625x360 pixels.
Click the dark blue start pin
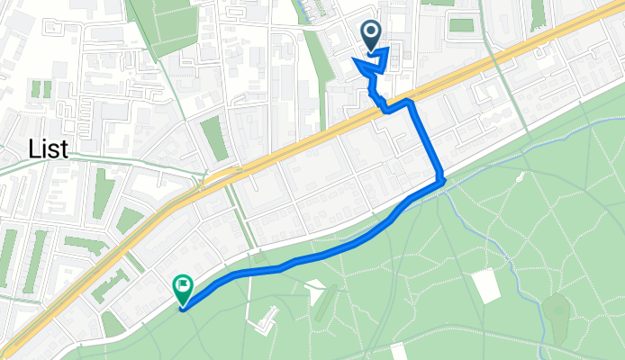coord(372,37)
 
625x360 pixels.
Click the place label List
coord(49,148)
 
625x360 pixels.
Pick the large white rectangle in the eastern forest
coord(485,285)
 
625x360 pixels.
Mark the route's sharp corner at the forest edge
coord(443,183)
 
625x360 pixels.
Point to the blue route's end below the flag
coord(183,309)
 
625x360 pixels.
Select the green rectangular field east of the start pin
coord(461,25)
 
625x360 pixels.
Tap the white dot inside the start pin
coord(372,33)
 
